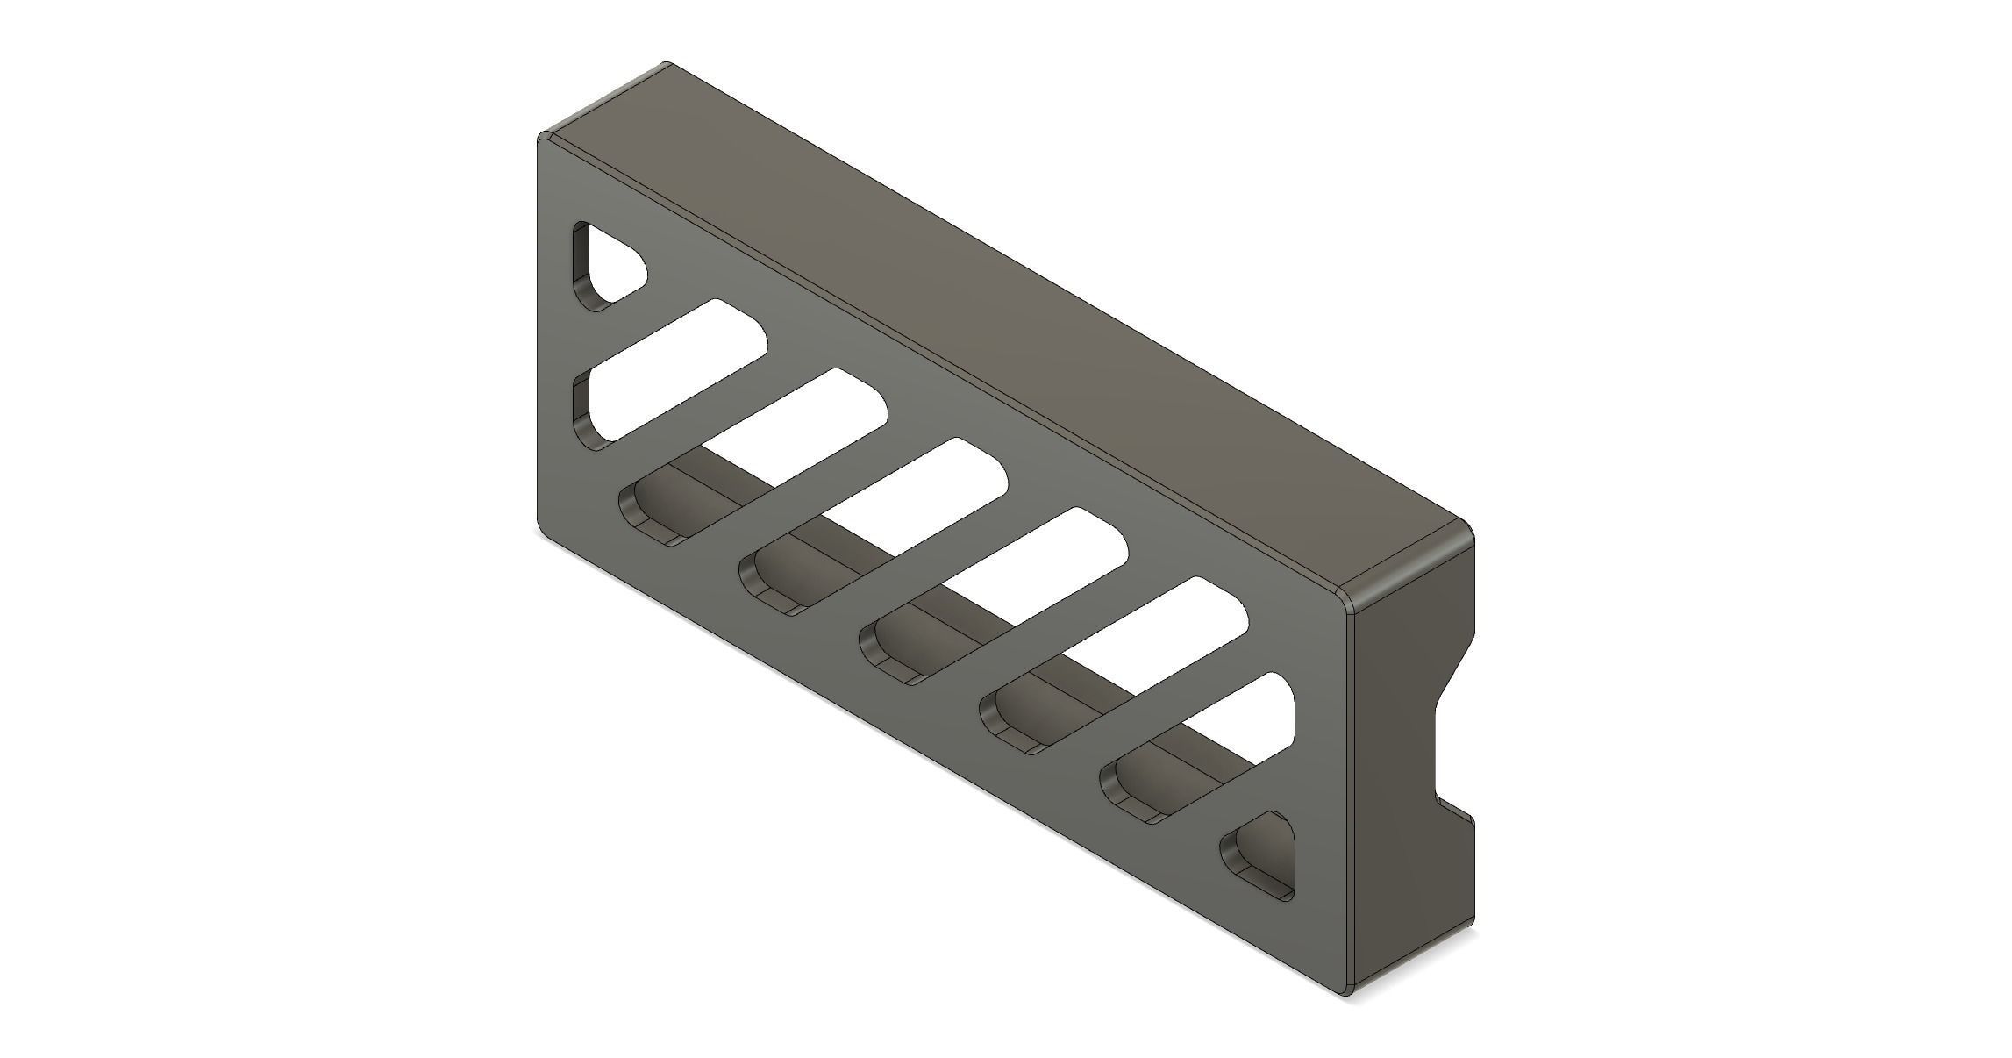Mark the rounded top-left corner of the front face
[x=544, y=140]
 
